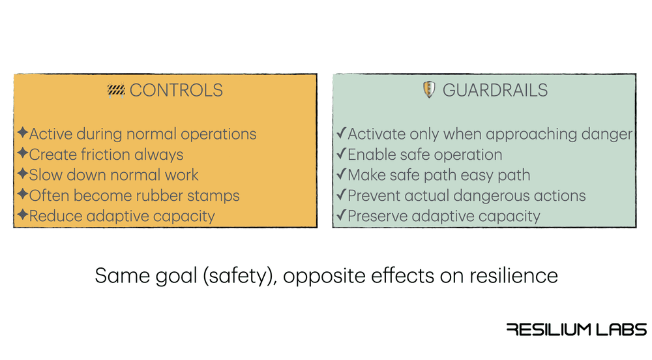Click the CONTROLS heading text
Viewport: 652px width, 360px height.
coord(176,90)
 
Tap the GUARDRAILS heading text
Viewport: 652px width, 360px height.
coord(496,90)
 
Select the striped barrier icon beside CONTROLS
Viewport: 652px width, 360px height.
coord(116,90)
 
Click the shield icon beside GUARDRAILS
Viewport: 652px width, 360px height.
coord(428,90)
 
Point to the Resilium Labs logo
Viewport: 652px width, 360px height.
coord(576,329)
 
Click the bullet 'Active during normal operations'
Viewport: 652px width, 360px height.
coord(143,134)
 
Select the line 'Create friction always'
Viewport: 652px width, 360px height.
coord(106,155)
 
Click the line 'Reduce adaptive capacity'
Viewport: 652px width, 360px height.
coord(122,215)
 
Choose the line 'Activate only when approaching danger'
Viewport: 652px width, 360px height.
coord(490,134)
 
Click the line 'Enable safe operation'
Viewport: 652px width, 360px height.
coord(424,155)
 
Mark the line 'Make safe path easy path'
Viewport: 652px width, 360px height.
coord(439,175)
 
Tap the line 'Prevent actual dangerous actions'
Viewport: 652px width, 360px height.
coord(466,195)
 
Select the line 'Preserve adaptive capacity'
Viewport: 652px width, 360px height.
coord(444,215)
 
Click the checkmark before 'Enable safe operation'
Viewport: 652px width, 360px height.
coord(340,155)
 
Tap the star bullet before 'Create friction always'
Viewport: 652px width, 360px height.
coord(22,155)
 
